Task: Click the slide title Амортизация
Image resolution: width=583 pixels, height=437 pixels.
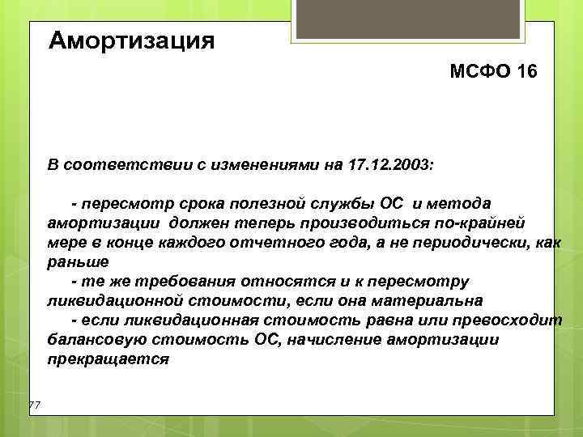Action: [132, 40]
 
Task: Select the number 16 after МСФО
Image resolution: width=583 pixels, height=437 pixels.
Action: [525, 74]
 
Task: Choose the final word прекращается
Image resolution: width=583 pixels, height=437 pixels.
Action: [108, 359]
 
